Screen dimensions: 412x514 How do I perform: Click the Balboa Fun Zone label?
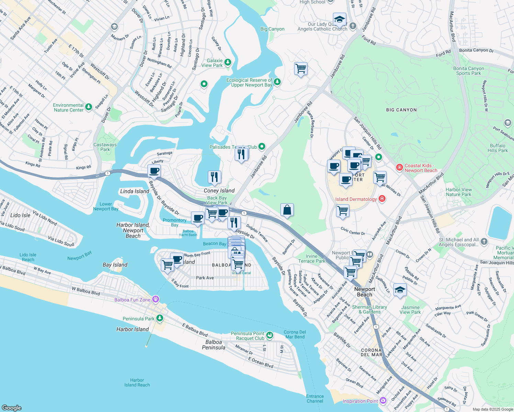(132, 300)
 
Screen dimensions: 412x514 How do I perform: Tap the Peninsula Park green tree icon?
(160, 318)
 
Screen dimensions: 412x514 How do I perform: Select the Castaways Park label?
(105, 147)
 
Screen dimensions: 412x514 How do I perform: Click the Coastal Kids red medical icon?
(399, 168)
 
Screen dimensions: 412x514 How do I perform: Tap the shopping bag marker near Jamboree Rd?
(287, 210)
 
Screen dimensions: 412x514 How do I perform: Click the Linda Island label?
(134, 191)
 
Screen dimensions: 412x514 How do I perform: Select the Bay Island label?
(115, 265)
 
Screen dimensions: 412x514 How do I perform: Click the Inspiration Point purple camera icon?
(383, 400)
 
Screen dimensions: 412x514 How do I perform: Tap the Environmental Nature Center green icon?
(89, 107)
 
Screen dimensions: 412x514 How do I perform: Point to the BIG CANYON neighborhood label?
(401, 110)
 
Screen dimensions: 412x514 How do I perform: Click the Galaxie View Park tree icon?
(227, 62)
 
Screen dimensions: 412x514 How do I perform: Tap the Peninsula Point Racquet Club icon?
(270, 335)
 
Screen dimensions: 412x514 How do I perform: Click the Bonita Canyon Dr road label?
(476, 50)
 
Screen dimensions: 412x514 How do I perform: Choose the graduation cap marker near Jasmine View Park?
(400, 290)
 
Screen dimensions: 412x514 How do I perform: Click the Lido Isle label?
(20, 215)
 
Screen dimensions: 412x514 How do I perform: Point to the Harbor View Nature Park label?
(459, 192)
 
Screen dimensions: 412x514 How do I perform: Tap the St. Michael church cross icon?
(484, 242)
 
